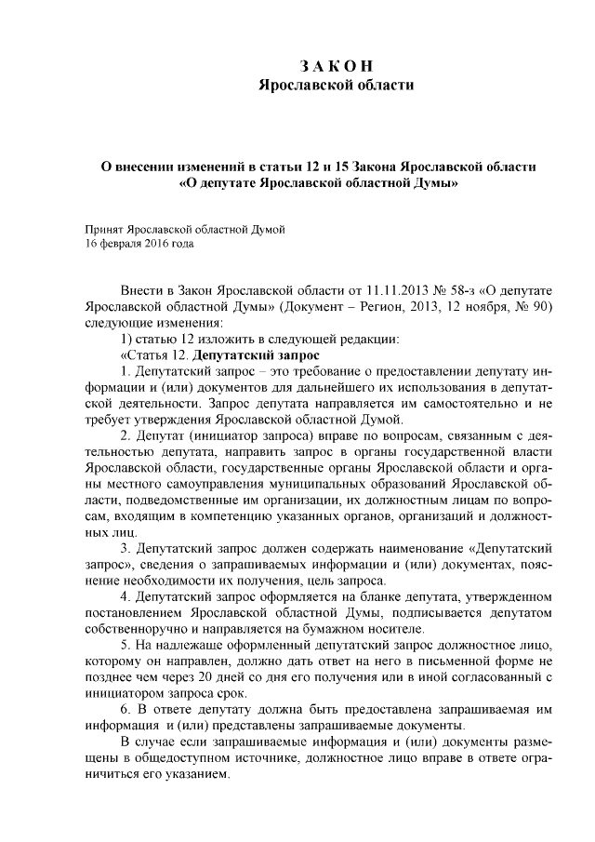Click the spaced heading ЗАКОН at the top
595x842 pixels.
coord(336,67)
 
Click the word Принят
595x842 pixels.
coord(103,228)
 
